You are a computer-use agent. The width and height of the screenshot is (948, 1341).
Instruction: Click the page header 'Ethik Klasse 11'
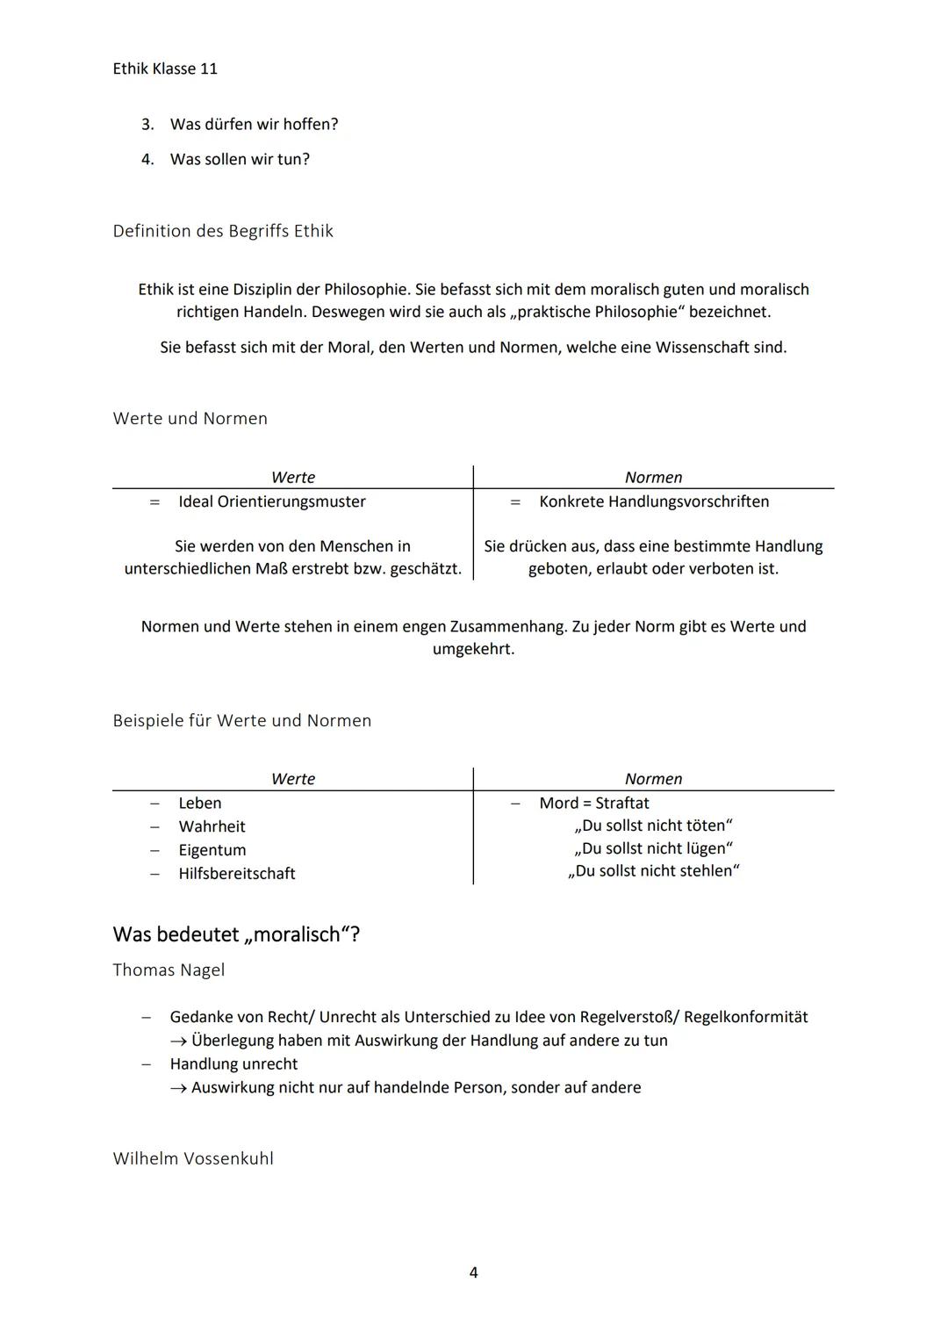[165, 68]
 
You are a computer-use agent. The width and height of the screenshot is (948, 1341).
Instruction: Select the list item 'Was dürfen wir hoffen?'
[254, 125]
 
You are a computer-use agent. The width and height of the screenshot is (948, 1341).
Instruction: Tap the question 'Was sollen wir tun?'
[240, 160]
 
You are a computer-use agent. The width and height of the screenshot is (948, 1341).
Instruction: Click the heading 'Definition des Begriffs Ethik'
[223, 231]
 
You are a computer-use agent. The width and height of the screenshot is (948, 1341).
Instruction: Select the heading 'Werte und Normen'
[190, 419]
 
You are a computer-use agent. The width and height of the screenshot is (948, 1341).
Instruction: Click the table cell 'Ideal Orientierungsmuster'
[272, 501]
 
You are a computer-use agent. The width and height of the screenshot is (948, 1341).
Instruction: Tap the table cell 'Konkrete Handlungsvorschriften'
[654, 501]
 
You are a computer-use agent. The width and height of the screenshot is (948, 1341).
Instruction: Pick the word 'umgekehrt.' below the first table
[473, 650]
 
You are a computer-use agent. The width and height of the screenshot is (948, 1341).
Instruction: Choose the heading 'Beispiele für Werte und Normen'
[242, 721]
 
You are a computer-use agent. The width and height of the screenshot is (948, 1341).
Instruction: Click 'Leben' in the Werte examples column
[200, 804]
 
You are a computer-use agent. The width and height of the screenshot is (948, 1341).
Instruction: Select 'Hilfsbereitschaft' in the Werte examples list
[237, 874]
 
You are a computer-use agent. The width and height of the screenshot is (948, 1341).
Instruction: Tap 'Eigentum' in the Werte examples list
[212, 850]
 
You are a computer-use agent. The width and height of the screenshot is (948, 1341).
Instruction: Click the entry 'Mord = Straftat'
[594, 804]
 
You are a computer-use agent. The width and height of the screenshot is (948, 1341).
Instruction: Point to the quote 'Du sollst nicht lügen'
[654, 848]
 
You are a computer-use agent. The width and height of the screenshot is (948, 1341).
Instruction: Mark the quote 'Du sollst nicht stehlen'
[654, 871]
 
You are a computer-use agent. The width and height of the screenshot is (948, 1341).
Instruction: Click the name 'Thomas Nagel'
[169, 970]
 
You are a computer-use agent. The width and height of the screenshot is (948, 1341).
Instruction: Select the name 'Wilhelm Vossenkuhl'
[193, 1159]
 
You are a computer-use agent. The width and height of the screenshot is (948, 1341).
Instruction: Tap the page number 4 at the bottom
[474, 1273]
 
